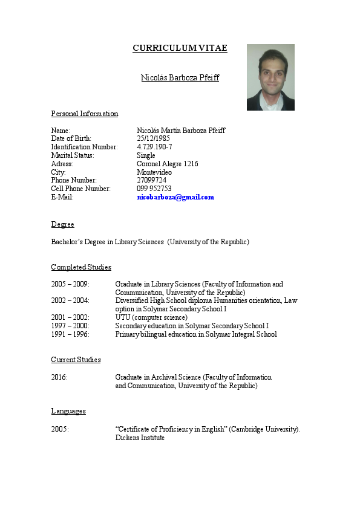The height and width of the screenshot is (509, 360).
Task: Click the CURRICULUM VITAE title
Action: pos(180,48)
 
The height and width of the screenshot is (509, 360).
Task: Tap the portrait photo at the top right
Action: pos(270,77)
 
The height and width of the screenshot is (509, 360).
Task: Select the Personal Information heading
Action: pos(85,114)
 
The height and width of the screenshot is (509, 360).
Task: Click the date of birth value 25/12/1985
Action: pos(153,138)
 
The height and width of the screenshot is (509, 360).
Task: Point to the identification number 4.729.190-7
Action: pos(154,147)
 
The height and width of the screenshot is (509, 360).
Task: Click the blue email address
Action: pos(175,197)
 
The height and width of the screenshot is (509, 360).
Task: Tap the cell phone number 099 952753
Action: pos(154,189)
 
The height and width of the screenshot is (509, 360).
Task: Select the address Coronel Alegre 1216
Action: pos(168,164)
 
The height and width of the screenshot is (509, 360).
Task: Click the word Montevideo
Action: pos(154,172)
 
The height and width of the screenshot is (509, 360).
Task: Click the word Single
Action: pos(146,155)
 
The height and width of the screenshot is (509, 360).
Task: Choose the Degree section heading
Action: pos(62,224)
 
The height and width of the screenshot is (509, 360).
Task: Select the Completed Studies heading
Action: pos(81,267)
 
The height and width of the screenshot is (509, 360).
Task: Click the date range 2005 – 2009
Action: pos(70,284)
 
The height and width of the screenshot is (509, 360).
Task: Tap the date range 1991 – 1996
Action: pos(70,334)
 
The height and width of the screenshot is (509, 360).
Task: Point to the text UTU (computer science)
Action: pos(151,317)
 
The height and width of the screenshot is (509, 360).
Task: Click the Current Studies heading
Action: pos(76,360)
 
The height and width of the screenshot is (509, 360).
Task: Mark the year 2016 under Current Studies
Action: pos(59,377)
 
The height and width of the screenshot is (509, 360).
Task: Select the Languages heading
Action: pos(68,411)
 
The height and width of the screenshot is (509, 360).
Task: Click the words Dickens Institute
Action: pos(140,438)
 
